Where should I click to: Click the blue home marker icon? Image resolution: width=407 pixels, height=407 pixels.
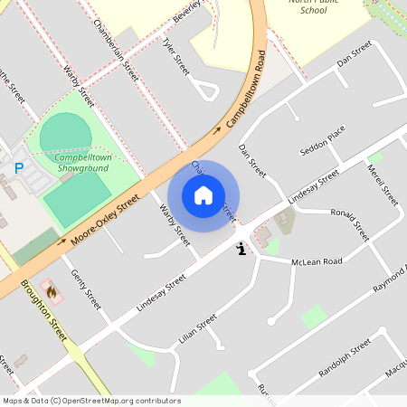coord(203,195)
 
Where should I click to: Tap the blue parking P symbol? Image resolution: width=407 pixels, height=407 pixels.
coord(19,166)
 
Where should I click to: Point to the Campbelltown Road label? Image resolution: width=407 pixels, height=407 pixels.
coord(246,91)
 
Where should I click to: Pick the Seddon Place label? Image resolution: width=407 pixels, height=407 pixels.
coord(323,138)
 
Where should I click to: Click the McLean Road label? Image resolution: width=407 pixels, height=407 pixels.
coord(317,261)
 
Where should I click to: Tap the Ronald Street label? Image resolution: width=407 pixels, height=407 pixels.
coord(350,224)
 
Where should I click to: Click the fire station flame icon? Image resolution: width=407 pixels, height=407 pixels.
coord(52,292)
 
